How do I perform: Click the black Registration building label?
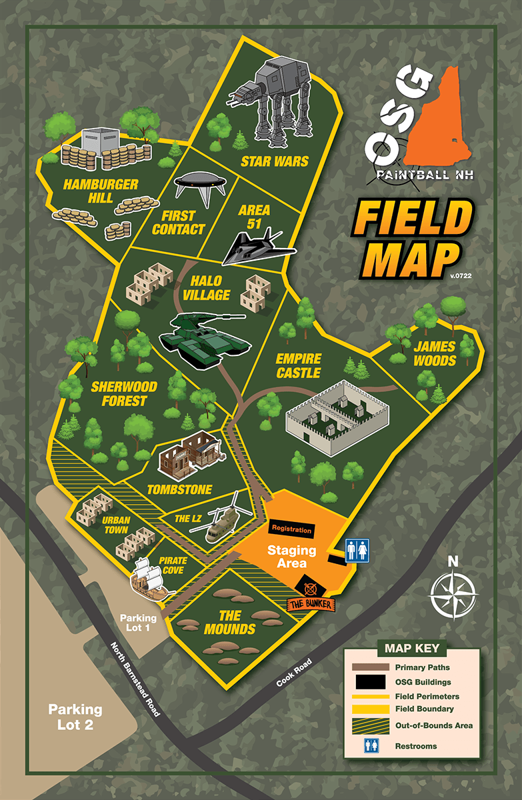tap(291, 529)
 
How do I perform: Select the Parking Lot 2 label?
tap(75, 716)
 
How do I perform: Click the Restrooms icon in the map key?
tap(371, 745)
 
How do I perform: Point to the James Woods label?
tap(434, 353)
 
